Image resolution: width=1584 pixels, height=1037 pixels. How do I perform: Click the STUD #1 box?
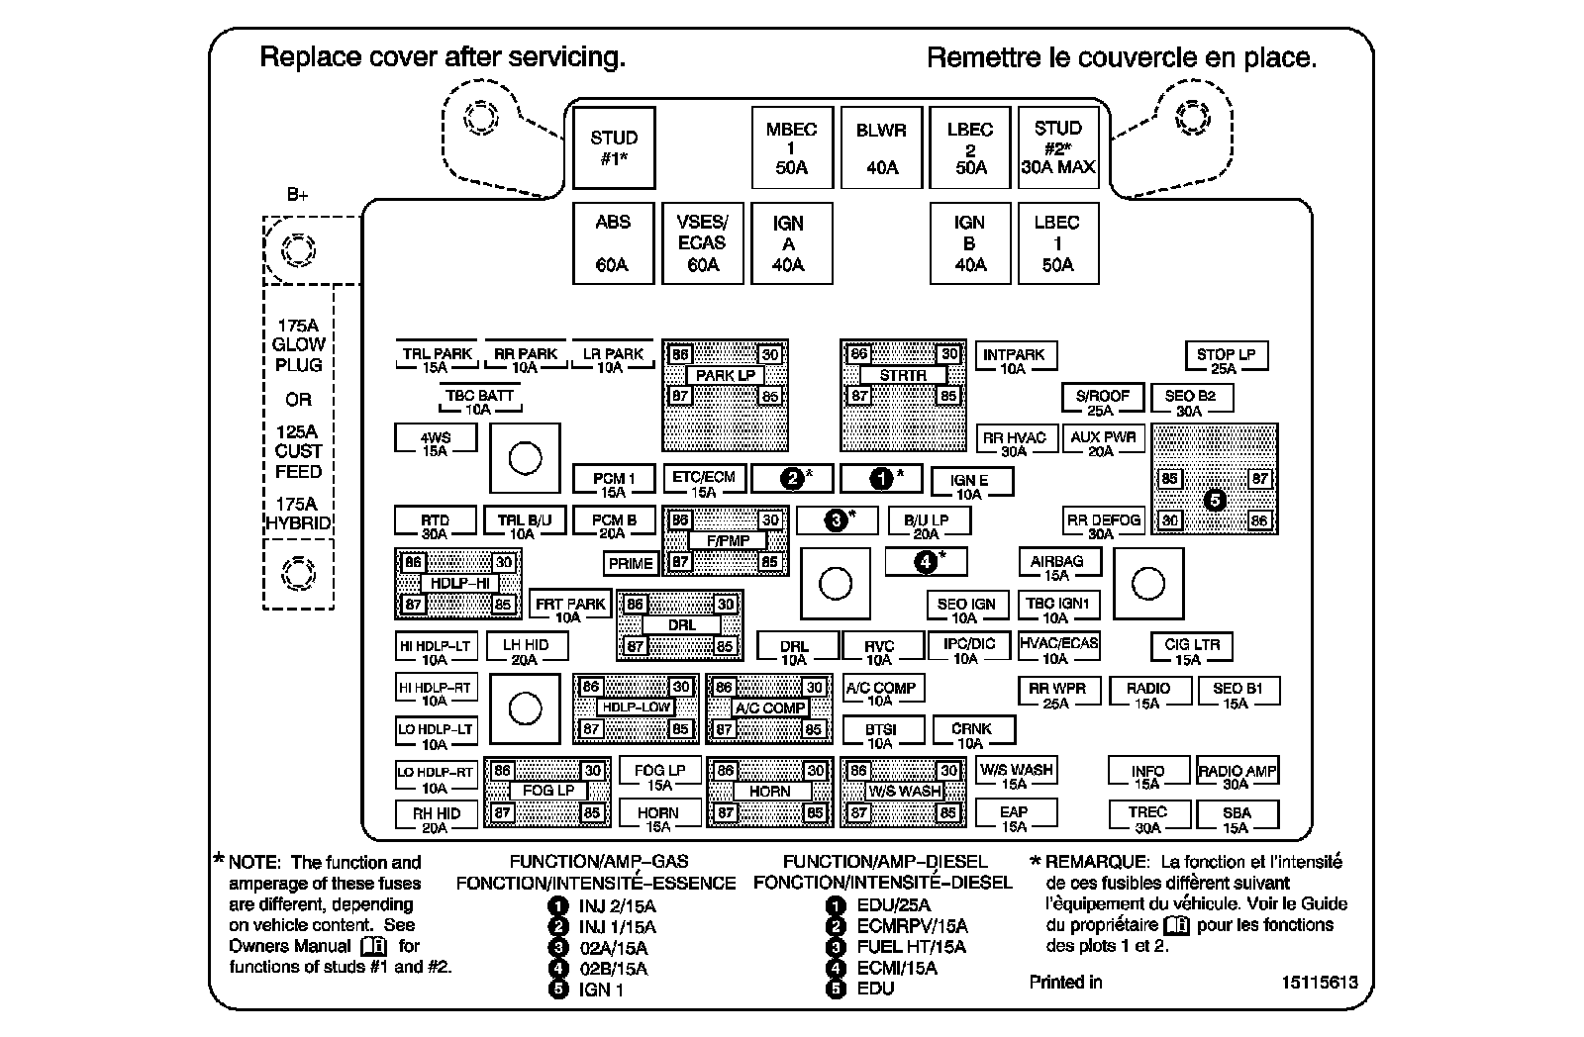[614, 147]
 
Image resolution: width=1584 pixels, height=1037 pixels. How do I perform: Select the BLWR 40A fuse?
[881, 147]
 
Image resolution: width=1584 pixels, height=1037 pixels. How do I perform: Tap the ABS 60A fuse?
[613, 243]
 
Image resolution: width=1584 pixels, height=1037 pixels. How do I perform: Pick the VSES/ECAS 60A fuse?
[702, 243]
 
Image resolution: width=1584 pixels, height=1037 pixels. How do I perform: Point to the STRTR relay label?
[903, 375]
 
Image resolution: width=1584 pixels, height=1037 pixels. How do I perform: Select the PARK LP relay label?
[725, 375]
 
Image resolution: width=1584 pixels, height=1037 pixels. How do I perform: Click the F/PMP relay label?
[728, 541]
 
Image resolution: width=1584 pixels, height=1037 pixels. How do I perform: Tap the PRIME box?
[630, 563]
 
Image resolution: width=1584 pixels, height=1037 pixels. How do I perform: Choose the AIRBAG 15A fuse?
[1059, 566]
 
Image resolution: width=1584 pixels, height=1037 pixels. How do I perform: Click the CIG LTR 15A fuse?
[1192, 650]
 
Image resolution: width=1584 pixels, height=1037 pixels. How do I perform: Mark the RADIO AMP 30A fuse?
[1237, 776]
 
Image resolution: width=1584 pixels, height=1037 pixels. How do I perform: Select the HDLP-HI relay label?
[459, 583]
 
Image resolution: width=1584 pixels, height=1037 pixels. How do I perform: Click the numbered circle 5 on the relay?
[1214, 501]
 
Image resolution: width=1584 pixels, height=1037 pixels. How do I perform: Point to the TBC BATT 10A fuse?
[479, 401]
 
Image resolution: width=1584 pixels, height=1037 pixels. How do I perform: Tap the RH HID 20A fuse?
[436, 818]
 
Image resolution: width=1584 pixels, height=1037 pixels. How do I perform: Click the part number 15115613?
[1320, 982]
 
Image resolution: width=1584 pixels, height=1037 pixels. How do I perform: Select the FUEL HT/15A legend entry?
[896, 947]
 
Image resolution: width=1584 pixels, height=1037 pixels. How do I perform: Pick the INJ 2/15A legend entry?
[602, 906]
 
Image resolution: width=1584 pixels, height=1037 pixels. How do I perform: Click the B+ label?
[297, 194]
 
